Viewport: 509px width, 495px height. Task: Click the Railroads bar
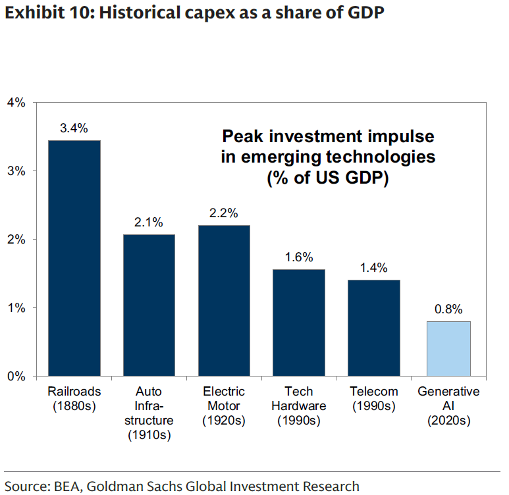pyautogui.click(x=74, y=258)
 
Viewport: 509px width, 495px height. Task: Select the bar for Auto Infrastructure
pyautogui.click(x=149, y=305)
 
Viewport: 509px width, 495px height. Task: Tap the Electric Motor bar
pyautogui.click(x=224, y=300)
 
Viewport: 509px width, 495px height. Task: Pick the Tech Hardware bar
pyautogui.click(x=299, y=323)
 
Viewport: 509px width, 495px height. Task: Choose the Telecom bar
pyautogui.click(x=373, y=328)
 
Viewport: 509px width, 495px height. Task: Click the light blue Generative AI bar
pyautogui.click(x=448, y=348)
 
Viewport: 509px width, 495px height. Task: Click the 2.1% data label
pyautogui.click(x=149, y=222)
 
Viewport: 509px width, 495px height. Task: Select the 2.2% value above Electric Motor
pyautogui.click(x=224, y=213)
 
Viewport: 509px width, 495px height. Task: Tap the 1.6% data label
pyautogui.click(x=299, y=257)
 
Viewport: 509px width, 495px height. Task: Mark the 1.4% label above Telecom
pyautogui.click(x=373, y=268)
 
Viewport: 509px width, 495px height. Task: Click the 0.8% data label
pyautogui.click(x=448, y=309)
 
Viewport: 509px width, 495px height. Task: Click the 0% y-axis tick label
pyautogui.click(x=16, y=377)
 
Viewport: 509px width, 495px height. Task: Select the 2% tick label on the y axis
pyautogui.click(x=16, y=240)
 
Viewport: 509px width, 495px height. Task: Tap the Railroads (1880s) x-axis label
pyautogui.click(x=74, y=399)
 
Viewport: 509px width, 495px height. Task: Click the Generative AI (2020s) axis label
pyautogui.click(x=448, y=406)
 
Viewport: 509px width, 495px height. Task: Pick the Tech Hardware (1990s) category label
pyautogui.click(x=299, y=406)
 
